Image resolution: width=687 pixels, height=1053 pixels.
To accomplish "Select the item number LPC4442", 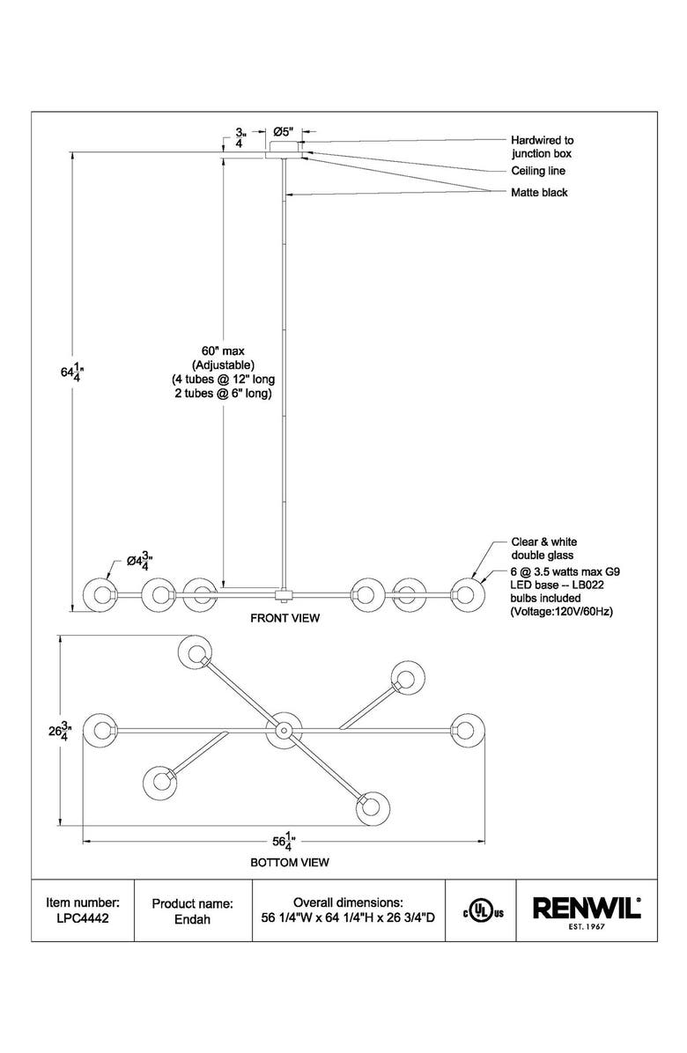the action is pos(83,918).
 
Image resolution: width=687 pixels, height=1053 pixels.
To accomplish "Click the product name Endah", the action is pos(192,918).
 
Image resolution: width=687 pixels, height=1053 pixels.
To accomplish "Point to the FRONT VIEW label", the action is pos(285,618).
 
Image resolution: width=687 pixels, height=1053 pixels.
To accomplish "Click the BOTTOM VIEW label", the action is pos(290,862).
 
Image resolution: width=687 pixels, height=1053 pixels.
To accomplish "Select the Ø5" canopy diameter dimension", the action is pos(284,131).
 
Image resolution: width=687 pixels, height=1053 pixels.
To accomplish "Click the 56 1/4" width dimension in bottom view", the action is pos(284,840).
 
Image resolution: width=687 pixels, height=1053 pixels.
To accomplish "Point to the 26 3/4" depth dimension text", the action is pos(60,731).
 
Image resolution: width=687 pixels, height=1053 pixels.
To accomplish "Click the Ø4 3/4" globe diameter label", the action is pos(140,560).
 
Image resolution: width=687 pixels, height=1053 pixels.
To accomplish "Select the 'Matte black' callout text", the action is pos(539,193).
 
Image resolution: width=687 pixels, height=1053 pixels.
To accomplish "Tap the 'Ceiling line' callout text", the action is pos(538,171).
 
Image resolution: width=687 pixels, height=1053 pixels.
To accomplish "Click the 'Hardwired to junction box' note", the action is pos(542,147).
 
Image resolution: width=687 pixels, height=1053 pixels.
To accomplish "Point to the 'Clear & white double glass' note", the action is pos(544,549).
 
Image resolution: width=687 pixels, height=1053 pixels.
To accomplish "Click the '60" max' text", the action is pos(223,350).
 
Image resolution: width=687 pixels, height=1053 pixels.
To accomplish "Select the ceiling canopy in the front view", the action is pos(285,149).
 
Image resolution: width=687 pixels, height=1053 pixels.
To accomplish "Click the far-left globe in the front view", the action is pos(99,594).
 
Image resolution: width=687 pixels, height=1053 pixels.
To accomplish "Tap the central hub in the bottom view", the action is pos(284,729).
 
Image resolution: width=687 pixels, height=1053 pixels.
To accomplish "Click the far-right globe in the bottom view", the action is pos(467,729).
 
